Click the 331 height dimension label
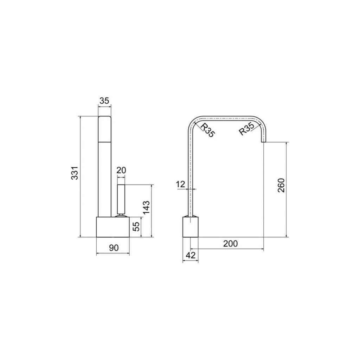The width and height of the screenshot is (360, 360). (x=75, y=173)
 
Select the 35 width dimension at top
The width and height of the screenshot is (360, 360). (x=104, y=101)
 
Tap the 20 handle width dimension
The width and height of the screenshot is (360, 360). (x=121, y=171)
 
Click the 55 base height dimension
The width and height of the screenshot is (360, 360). (x=136, y=226)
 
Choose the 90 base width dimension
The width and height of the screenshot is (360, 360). (x=113, y=248)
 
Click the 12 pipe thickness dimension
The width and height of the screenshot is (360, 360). (x=180, y=184)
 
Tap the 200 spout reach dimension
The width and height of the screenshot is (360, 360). (x=231, y=243)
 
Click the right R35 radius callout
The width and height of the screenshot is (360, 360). (x=247, y=129)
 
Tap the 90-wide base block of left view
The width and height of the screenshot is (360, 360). (x=113, y=227)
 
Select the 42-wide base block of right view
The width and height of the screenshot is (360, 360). (x=191, y=227)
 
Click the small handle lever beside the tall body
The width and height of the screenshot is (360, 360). (x=121, y=198)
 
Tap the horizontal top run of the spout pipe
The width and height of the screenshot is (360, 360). (x=227, y=117)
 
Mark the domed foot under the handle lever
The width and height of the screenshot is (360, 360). (x=121, y=216)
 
